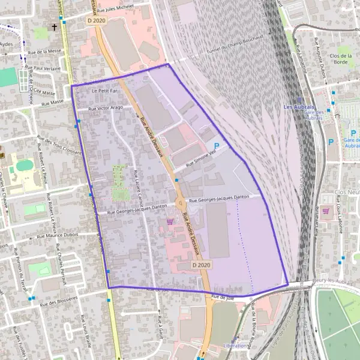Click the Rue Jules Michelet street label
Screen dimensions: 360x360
[123, 8]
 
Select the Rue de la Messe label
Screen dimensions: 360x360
[46, 52]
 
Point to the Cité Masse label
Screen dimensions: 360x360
[44, 93]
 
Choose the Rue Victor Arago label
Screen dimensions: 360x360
[106, 108]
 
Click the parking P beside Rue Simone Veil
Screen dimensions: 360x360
[217, 146]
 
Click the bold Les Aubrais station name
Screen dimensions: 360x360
[299, 107]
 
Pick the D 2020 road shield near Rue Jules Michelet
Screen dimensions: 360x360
[95, 20]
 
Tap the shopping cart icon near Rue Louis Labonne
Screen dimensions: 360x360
[326, 211]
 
